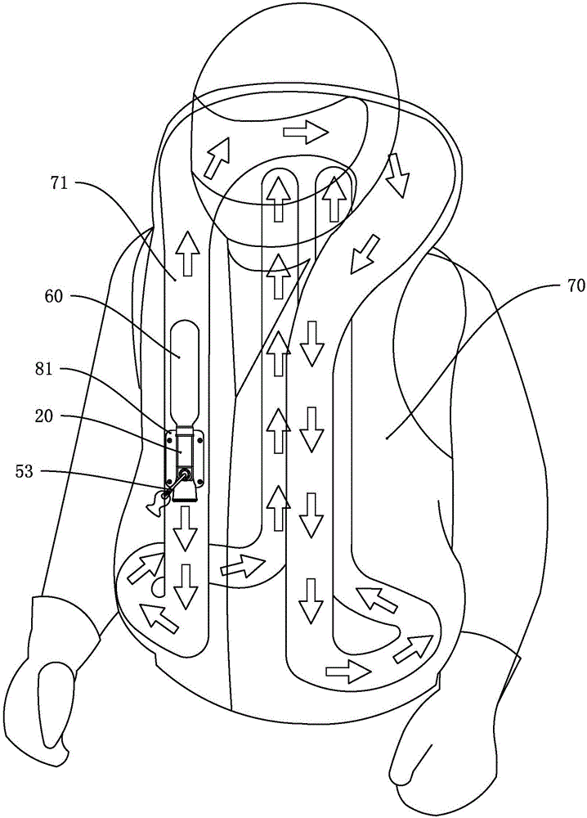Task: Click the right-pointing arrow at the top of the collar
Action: [x=303, y=132]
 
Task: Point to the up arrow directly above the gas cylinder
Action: [x=187, y=253]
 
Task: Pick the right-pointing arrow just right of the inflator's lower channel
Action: [x=243, y=564]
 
